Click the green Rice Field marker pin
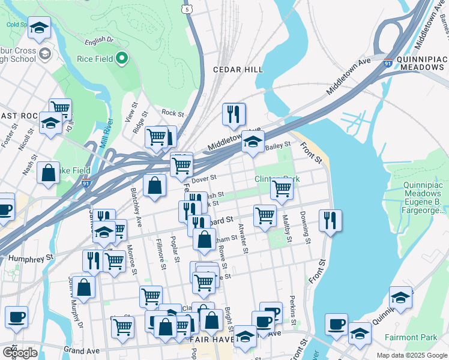[x=122, y=59]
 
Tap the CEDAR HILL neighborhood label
[x=238, y=70]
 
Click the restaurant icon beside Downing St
[x=330, y=220]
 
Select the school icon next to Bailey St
[x=253, y=142]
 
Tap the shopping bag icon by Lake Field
[x=48, y=172]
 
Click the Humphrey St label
[x=27, y=257]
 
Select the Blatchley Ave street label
[x=136, y=206]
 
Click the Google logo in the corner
[x=20, y=352]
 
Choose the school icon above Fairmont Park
[x=400, y=297]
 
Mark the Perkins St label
[x=292, y=310]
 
